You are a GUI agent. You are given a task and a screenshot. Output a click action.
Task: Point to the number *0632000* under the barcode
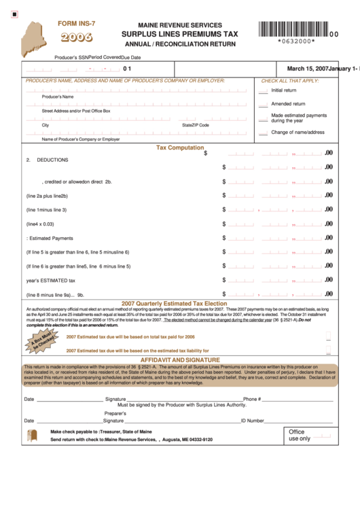click(x=297, y=41)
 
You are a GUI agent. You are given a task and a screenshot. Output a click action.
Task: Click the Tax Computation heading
click(x=180, y=147)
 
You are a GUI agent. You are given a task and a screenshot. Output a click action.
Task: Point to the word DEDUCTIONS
click(x=52, y=160)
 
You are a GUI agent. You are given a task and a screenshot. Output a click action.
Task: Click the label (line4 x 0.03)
click(x=40, y=224)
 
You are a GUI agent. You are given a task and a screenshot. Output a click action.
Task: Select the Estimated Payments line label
click(x=50, y=238)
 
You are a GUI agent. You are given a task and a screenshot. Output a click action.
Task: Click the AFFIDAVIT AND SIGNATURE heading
click(x=180, y=359)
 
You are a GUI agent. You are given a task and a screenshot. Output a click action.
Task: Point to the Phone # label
click(x=251, y=399)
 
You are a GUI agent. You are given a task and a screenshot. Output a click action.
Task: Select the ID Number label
click(x=252, y=421)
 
